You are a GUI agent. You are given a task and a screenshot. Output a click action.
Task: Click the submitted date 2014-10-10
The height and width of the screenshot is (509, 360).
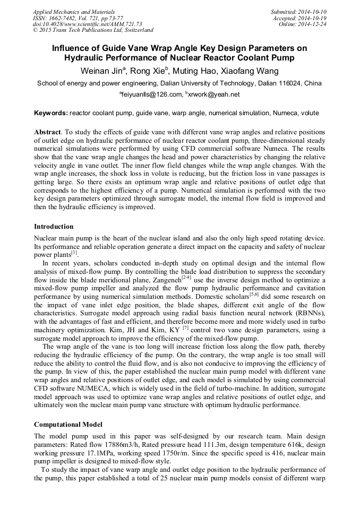[312, 11]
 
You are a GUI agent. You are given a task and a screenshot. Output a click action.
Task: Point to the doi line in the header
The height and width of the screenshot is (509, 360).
[87, 24]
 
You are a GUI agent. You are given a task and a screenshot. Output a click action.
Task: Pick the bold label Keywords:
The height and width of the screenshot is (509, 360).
[51, 113]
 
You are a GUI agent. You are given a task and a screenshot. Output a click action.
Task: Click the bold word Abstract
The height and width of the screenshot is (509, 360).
[47, 131]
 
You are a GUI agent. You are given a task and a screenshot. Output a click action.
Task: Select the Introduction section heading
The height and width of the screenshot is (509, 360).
[54, 227]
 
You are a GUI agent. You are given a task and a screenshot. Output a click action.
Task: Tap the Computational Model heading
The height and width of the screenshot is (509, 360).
[68, 424]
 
